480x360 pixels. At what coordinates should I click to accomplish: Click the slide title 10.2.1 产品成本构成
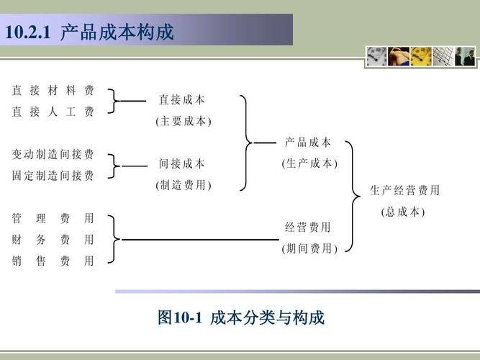point(89,32)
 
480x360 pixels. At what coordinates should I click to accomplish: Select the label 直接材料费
point(53,91)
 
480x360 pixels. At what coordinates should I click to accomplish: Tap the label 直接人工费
point(53,112)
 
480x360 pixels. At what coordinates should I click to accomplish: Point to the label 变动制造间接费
point(53,154)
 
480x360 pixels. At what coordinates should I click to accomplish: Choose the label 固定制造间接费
point(53,176)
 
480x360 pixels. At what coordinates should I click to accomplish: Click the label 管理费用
point(53,218)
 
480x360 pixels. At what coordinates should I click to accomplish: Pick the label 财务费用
point(53,240)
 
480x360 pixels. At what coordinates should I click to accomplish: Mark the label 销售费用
point(53,261)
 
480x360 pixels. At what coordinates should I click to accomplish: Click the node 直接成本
point(181,100)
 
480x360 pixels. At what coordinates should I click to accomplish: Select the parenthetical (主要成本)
point(184,122)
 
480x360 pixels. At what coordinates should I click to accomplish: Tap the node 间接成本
point(181,164)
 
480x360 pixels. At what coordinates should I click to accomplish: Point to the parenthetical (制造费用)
point(184,185)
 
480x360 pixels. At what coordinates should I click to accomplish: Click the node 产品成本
point(308,143)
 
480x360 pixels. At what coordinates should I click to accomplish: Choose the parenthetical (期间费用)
point(309,248)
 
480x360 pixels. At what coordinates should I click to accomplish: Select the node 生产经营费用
point(404,190)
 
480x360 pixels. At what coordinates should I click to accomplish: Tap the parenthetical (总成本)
point(403,212)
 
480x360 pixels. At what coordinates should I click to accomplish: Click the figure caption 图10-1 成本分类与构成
point(241,317)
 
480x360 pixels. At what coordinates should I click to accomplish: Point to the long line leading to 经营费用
point(201,240)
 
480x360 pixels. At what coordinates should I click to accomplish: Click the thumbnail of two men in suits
point(465,56)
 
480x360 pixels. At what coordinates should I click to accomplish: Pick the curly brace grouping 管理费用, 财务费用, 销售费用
point(114,239)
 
